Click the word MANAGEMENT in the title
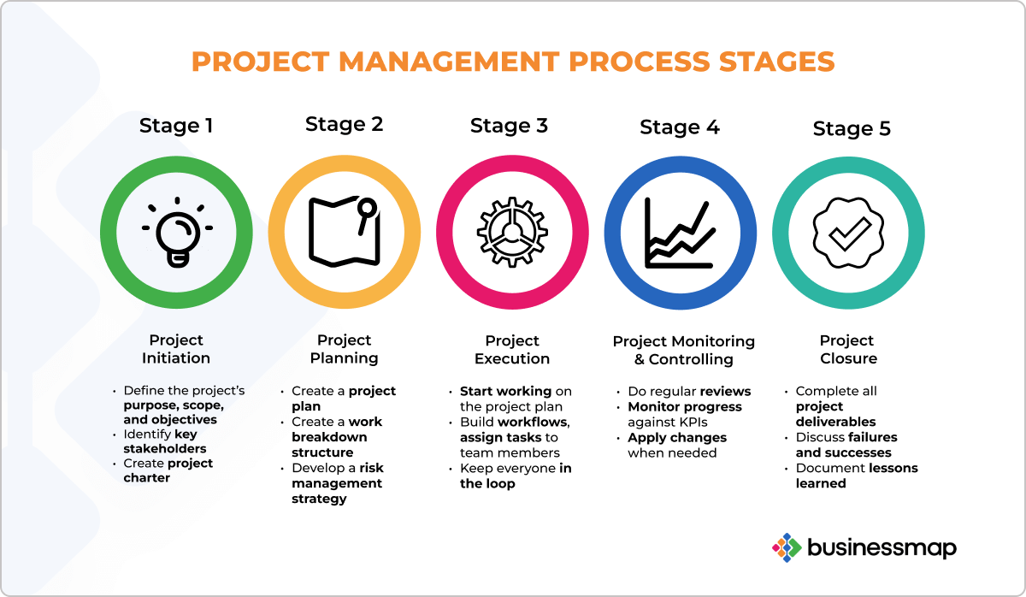point(448,62)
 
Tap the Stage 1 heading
point(176,126)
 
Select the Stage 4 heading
point(680,127)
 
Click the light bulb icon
point(177,233)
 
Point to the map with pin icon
point(345,232)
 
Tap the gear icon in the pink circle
point(512,233)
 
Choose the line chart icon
point(680,233)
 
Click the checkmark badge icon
point(848,233)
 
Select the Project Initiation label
point(176,349)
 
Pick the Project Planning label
point(344,349)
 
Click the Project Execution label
point(512,350)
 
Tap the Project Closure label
point(848,350)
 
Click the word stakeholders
point(165,448)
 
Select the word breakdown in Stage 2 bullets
point(329,437)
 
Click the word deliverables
point(835,422)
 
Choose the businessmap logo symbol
point(787,547)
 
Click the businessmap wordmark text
point(882,548)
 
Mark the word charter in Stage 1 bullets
point(146,478)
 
